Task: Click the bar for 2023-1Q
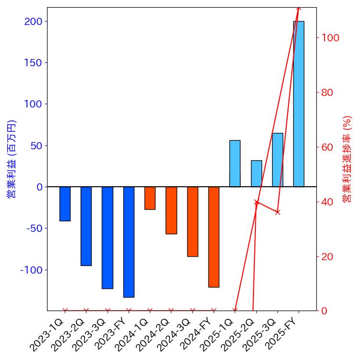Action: (65, 204)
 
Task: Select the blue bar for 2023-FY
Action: (129, 242)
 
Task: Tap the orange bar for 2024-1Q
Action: (150, 198)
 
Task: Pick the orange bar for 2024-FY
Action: (214, 237)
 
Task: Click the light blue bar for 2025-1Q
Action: (235, 163)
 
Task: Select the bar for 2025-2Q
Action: (256, 173)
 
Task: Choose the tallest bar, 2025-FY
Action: (299, 104)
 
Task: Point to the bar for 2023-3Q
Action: (108, 238)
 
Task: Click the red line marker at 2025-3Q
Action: (277, 212)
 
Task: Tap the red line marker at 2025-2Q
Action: (256, 202)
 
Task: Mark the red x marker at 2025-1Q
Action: (235, 311)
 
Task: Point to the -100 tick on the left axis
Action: (31, 270)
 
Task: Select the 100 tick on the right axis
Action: (330, 38)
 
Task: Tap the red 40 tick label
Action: (327, 202)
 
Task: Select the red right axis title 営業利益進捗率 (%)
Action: (348, 159)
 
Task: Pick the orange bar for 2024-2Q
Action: (171, 210)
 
